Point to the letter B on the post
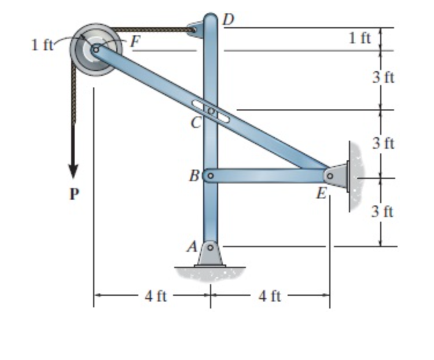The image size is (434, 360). pos(194,174)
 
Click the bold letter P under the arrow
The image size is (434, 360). pos(73,194)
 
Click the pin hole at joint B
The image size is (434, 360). pos(211,174)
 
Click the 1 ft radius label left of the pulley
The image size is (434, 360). pos(42,45)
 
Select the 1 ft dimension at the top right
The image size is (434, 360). pos(360,38)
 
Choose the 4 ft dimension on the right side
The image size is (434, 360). pos(270,297)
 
